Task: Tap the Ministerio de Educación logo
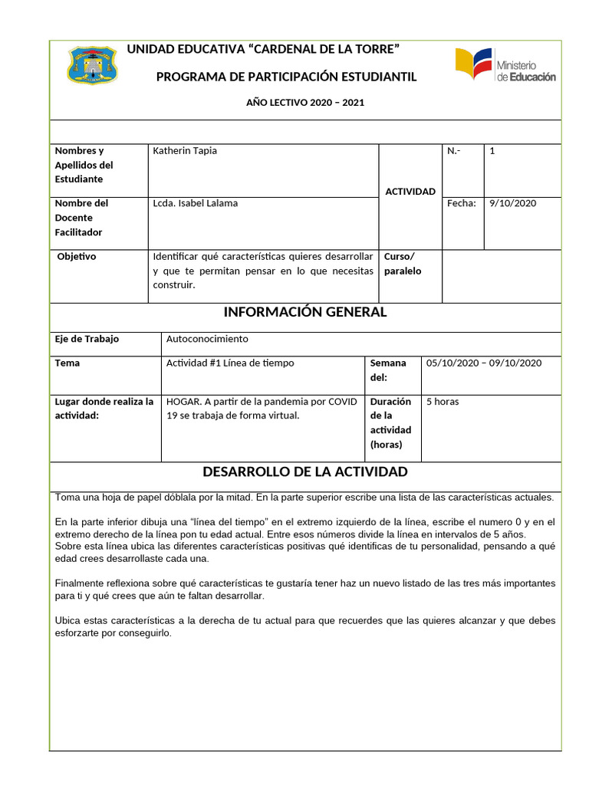coord(505,66)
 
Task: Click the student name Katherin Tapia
coord(185,151)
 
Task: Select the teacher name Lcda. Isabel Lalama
coord(196,203)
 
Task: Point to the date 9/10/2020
coord(512,203)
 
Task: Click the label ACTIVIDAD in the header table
coord(410,192)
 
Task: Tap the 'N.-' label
coord(453,151)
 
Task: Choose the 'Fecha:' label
coord(461,203)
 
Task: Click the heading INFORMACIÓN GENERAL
coord(305,312)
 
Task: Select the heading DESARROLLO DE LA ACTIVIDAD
coord(304,471)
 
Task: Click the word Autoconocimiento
coord(207,339)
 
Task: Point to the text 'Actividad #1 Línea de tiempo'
coord(230,363)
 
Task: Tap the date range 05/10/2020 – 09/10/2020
coord(484,363)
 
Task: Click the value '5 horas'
coord(443,401)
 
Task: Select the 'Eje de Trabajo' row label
coord(87,339)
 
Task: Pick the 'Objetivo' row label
coord(77,256)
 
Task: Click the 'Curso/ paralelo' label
coord(403,263)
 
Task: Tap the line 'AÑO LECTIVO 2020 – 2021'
coord(305,102)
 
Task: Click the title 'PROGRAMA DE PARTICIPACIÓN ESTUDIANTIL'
coord(286,77)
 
